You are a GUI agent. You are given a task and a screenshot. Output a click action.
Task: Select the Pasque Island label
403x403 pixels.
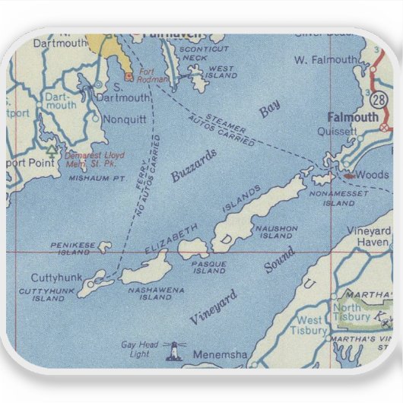208,266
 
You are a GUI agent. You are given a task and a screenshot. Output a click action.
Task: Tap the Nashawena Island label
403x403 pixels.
150,293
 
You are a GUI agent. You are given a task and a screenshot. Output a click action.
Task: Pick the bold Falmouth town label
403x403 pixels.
352,117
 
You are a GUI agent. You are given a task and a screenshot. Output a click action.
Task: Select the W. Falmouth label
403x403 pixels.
325,59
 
